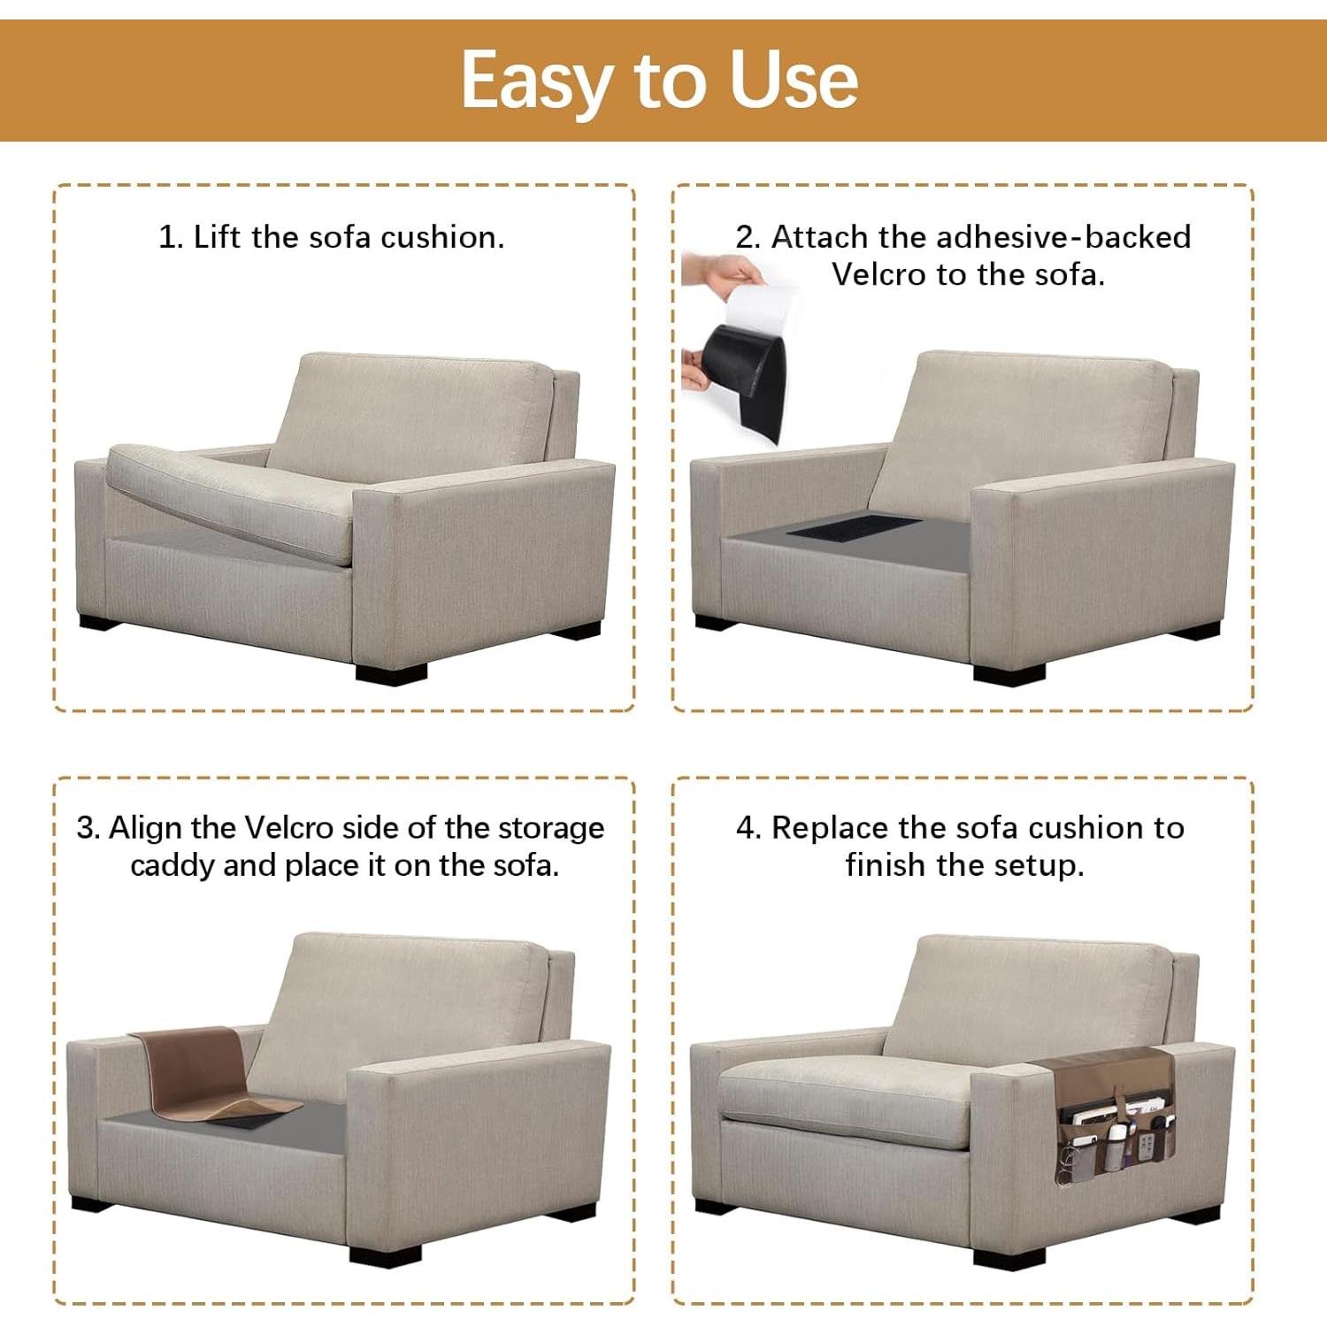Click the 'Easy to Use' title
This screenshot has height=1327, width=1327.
coord(659,81)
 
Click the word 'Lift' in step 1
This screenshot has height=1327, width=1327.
coord(218,237)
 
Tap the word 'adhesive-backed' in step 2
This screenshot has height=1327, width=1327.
coord(1062,237)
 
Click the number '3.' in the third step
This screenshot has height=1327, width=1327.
coord(88,828)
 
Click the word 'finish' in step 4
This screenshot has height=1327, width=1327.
coord(886,865)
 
